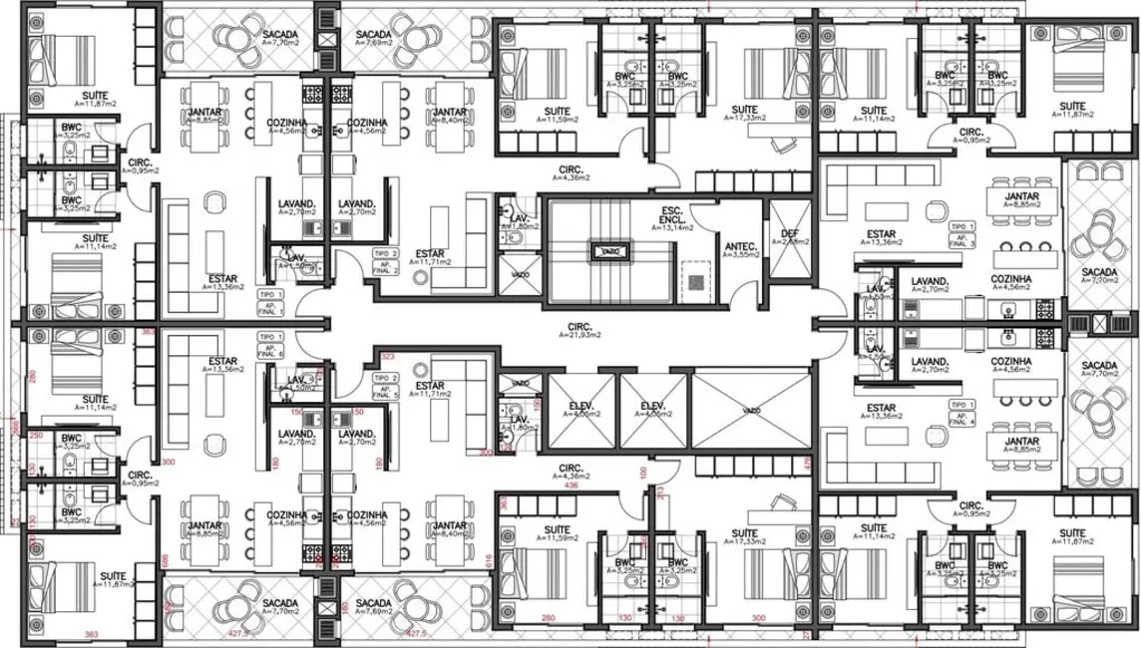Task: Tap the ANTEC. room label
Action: point(741,250)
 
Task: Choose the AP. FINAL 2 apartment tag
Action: point(386,262)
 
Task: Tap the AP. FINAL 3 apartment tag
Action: point(961,235)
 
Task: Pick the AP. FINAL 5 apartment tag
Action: point(386,387)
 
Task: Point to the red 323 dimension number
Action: point(388,355)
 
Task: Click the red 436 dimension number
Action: point(572,486)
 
